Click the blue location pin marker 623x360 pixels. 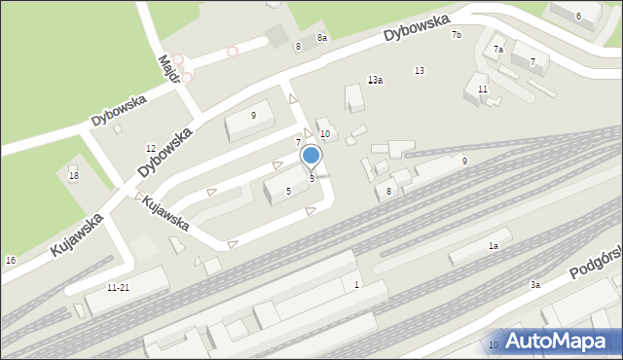tap(311, 156)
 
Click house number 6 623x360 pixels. tap(578, 16)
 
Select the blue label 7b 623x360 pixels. tap(457, 35)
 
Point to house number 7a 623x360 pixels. tap(498, 49)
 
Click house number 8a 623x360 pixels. tap(321, 38)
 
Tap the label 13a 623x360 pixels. tap(375, 80)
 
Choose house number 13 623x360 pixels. tap(420, 71)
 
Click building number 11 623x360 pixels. tap(483, 90)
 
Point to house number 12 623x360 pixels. tap(150, 148)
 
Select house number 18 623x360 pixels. tap(74, 175)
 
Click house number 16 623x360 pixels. tap(10, 261)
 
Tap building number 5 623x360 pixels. tap(288, 192)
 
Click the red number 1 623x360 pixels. tap(356, 284)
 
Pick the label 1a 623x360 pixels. tap(494, 247)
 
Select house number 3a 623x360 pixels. tap(535, 284)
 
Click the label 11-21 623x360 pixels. tap(118, 288)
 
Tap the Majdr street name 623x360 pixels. tap(169, 69)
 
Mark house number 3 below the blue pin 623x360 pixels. tap(311, 178)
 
